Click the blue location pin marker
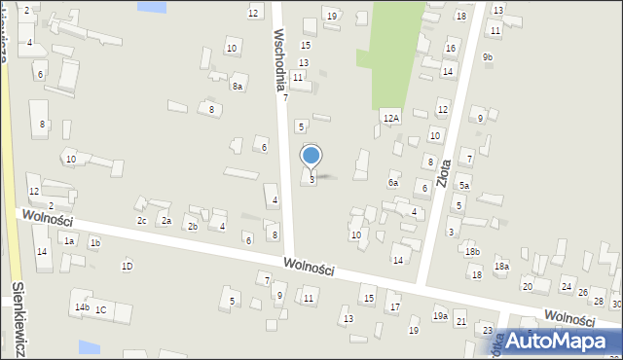[x=311, y=156]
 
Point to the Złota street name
[x=445, y=165]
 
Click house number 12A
[x=390, y=118]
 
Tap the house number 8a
[x=237, y=87]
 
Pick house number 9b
[x=488, y=57]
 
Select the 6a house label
[x=393, y=182]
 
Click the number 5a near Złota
[x=464, y=186]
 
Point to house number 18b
[x=472, y=252]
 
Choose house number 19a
[x=440, y=316]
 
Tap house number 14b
[x=82, y=307]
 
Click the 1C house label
[x=100, y=309]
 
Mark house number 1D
[x=127, y=266]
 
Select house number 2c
[x=141, y=220]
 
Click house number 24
[x=566, y=286]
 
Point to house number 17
[x=394, y=307]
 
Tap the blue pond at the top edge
[x=152, y=6]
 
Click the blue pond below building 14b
[x=89, y=346]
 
